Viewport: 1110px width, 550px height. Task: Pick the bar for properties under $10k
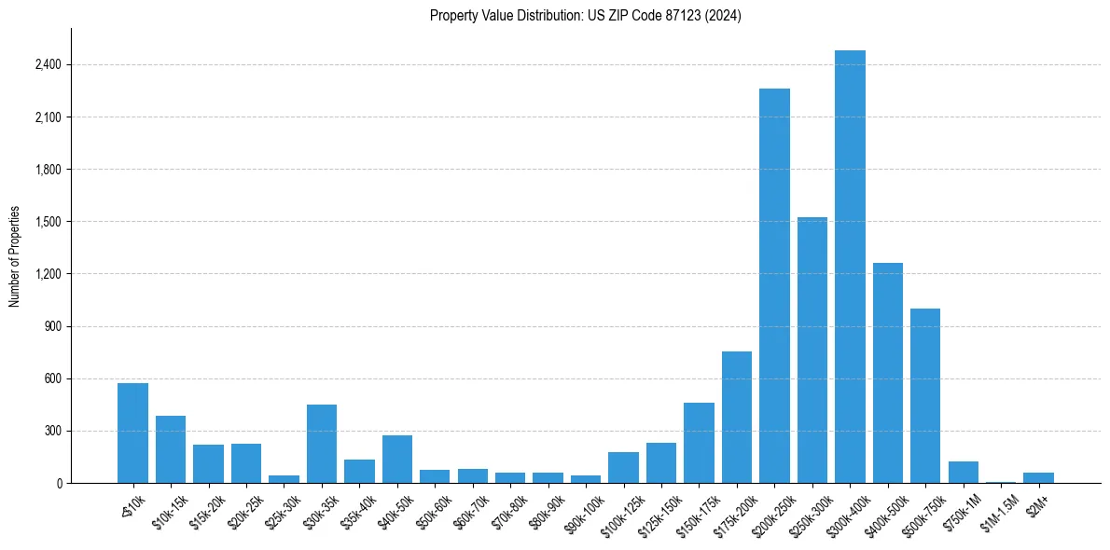(132, 433)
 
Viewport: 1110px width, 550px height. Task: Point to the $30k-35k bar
(322, 444)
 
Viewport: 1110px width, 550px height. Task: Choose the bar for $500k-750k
(925, 395)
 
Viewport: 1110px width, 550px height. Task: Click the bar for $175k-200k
(737, 417)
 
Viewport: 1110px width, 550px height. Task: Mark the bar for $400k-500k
(888, 373)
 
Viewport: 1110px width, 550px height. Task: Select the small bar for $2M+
(1038, 477)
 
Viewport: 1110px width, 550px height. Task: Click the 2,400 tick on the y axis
(49, 65)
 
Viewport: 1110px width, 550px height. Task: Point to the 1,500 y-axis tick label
(49, 222)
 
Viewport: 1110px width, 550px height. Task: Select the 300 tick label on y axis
(53, 431)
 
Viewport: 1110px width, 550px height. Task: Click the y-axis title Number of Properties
(15, 256)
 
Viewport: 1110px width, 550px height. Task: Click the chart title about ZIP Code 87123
(585, 16)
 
